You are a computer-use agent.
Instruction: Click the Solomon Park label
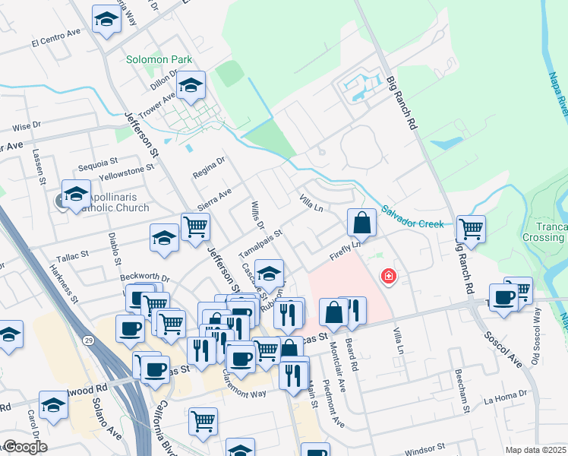(x=159, y=59)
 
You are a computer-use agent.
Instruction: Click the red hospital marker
(x=389, y=275)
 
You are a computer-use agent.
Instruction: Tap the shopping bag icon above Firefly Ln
(x=362, y=223)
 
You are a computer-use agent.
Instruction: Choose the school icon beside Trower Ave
(x=191, y=86)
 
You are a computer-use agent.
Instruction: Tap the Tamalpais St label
(x=260, y=243)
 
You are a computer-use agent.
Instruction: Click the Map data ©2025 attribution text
(x=535, y=450)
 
